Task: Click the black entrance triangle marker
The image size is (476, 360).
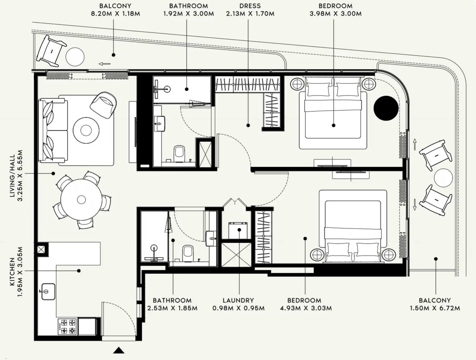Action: coord(119,351)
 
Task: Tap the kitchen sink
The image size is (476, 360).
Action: coord(48,292)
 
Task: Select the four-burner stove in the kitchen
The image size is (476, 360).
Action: coord(67,326)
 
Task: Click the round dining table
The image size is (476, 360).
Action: coord(81,199)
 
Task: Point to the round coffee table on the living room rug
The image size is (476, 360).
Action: coord(86,130)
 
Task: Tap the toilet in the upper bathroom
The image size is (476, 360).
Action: coord(179,154)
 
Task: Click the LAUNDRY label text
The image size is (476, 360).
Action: coord(238,300)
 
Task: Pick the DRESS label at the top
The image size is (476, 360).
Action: coord(250,6)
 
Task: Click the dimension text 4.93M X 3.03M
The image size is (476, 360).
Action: coord(306,308)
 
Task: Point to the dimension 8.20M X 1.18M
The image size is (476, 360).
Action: coord(115,14)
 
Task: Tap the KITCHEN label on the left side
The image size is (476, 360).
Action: coord(12,272)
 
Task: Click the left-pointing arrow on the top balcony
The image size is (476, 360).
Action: coord(105,64)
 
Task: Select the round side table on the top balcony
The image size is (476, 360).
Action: coord(75,57)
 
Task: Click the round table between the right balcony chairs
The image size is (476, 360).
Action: coord(443,178)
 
